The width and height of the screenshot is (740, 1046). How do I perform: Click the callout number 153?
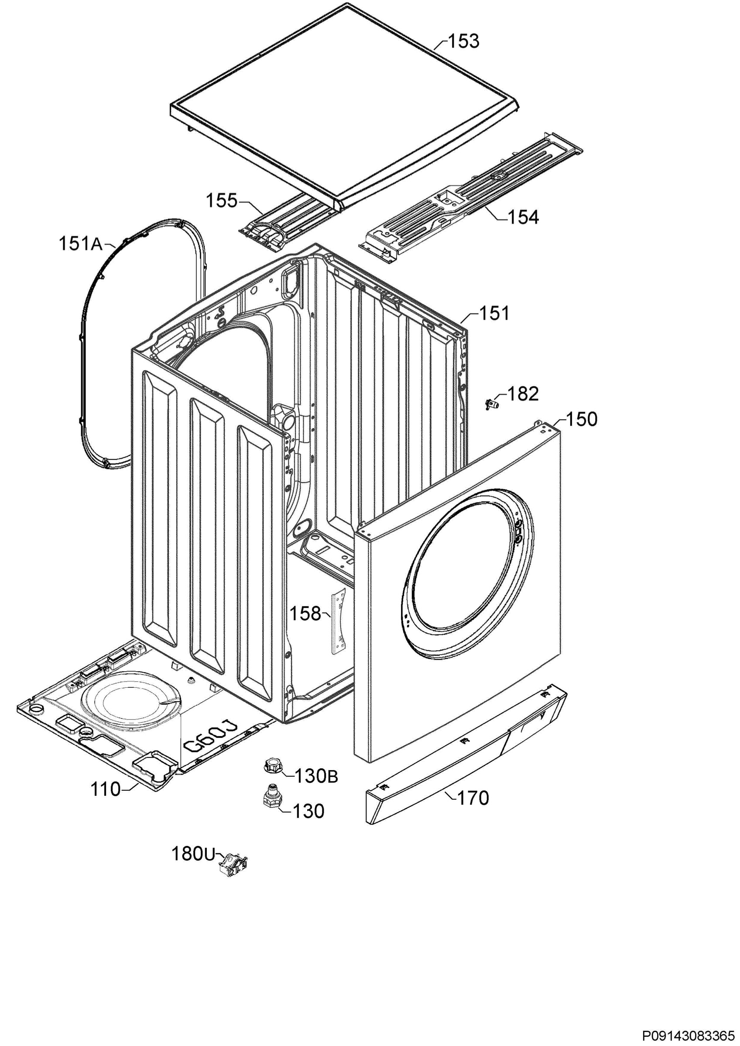point(464,41)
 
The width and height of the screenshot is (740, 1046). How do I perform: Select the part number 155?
point(222,200)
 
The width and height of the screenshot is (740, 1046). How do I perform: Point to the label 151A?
point(81,244)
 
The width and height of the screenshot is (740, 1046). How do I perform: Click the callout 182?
point(523,394)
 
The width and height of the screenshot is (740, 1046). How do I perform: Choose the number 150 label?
point(581,419)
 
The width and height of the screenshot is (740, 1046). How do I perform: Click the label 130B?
point(316,776)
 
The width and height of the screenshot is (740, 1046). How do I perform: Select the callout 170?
point(473,798)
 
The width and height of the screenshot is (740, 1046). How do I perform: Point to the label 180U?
point(193,854)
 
